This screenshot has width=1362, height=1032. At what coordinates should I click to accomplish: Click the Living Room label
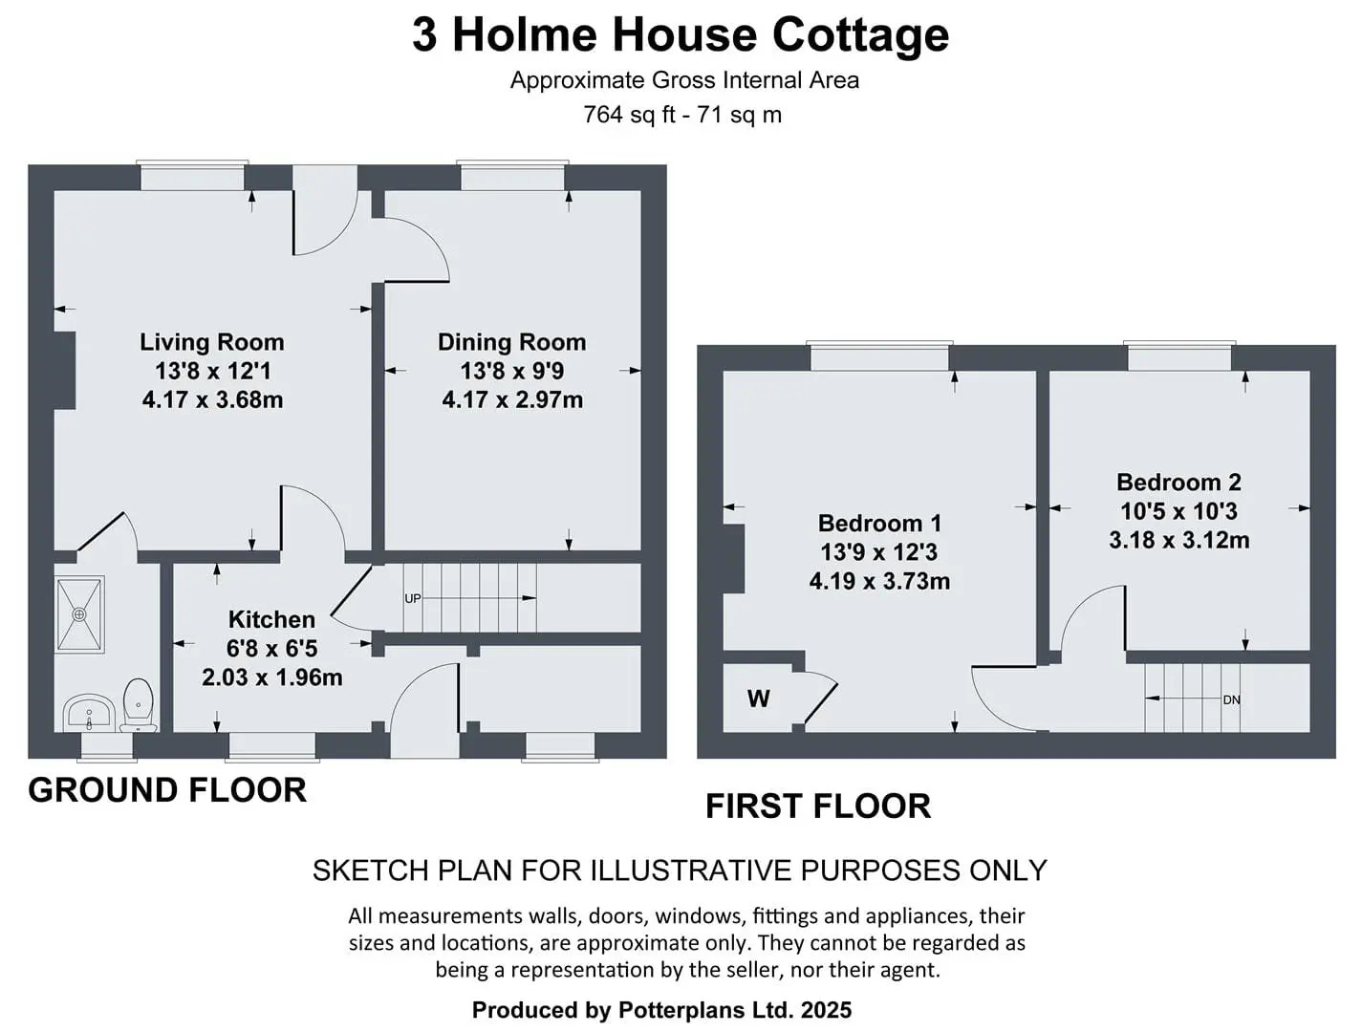tap(211, 342)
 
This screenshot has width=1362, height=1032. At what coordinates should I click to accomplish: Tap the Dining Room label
tap(512, 342)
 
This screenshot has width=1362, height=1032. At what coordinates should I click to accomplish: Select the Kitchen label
tap(271, 619)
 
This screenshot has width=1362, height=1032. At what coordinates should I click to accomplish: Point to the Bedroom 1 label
tap(879, 523)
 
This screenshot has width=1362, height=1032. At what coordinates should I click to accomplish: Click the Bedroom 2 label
tap(1178, 482)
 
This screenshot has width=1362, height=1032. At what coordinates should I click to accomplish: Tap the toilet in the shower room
tap(138, 704)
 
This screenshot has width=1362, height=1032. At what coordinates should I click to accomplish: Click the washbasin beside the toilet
tap(89, 714)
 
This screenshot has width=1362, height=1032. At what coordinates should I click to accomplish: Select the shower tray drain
tap(79, 614)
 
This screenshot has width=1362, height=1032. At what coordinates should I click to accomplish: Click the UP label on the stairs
tap(413, 598)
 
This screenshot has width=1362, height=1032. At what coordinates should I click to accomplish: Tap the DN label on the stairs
tap(1231, 699)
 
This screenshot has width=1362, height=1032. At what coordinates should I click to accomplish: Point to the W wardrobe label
tap(758, 699)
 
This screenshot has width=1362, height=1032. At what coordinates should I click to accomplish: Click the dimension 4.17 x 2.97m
tap(512, 399)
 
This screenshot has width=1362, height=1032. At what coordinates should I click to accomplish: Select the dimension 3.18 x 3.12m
tap(1178, 540)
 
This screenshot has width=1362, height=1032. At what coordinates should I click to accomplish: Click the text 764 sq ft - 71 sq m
tap(681, 115)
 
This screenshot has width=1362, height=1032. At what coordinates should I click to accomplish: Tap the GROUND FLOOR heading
tap(167, 790)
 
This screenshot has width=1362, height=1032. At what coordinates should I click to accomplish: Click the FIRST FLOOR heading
tap(818, 806)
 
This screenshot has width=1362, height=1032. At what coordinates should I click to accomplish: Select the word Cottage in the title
tap(860, 36)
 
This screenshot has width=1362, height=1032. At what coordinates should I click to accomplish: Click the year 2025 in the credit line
tap(826, 1010)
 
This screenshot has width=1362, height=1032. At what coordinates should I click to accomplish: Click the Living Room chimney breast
tap(65, 370)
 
